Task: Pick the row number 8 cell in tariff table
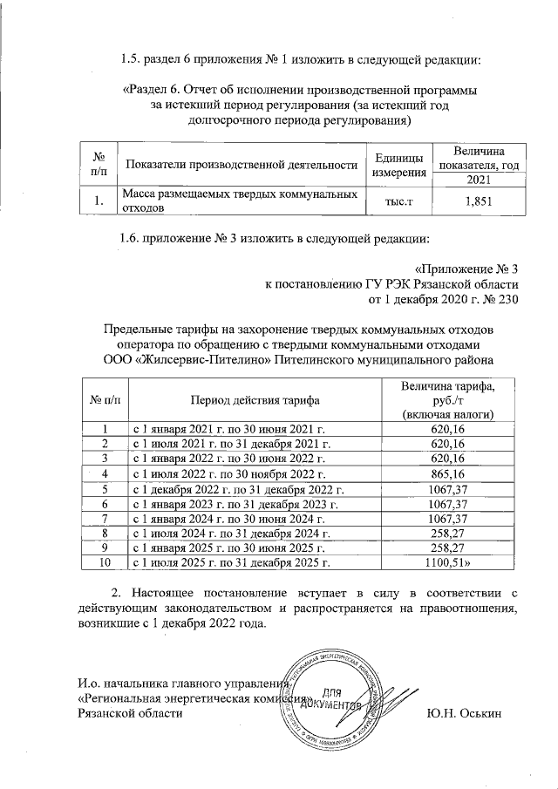105,532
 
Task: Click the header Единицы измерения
399,165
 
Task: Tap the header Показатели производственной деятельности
242,165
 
